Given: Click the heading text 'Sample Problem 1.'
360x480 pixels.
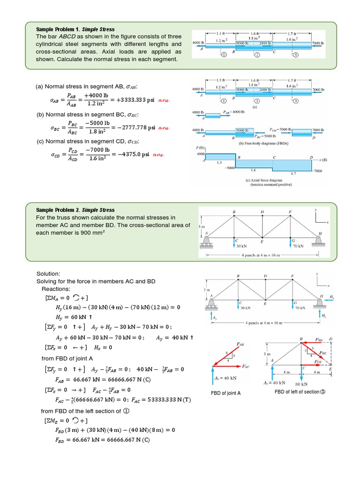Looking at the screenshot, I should pyautogui.click(x=58, y=29).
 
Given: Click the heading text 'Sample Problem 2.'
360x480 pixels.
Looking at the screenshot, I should pyautogui.click(x=58, y=210).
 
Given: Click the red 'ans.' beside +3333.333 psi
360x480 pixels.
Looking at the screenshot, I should pyautogui.click(x=164, y=100).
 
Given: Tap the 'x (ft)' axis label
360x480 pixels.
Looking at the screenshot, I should pyautogui.click(x=322, y=160).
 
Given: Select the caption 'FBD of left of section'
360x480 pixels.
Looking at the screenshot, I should pyautogui.click(x=297, y=392).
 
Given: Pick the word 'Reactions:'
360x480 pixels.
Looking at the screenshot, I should pyautogui.click(x=56, y=289).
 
